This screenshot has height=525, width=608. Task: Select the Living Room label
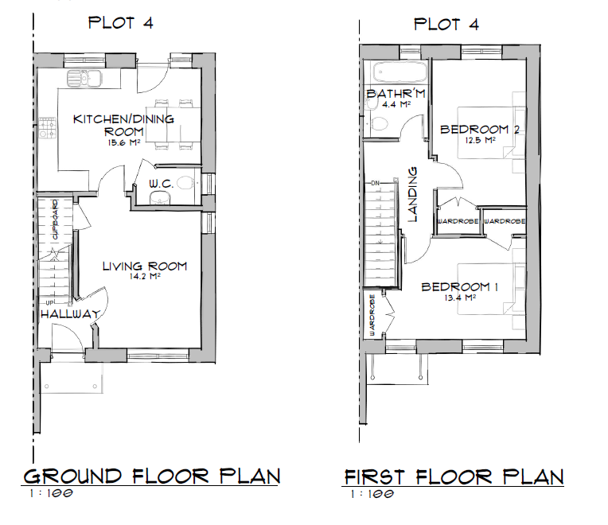tap(144, 266)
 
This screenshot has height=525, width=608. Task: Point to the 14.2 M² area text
tap(144, 278)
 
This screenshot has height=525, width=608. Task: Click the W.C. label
tap(161, 184)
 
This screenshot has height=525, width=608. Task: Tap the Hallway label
tap(70, 314)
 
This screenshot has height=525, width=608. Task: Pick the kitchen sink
tap(82, 78)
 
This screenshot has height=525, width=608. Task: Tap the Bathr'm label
tap(396, 95)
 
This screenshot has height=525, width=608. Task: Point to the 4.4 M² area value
tap(396, 104)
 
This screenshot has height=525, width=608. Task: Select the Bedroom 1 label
tap(460, 286)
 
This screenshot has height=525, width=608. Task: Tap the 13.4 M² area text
tap(460, 298)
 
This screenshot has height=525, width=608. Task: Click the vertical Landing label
tap(413, 193)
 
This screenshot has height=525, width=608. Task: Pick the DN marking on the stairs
tap(376, 184)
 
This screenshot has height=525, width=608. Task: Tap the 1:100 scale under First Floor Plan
tap(373, 495)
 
